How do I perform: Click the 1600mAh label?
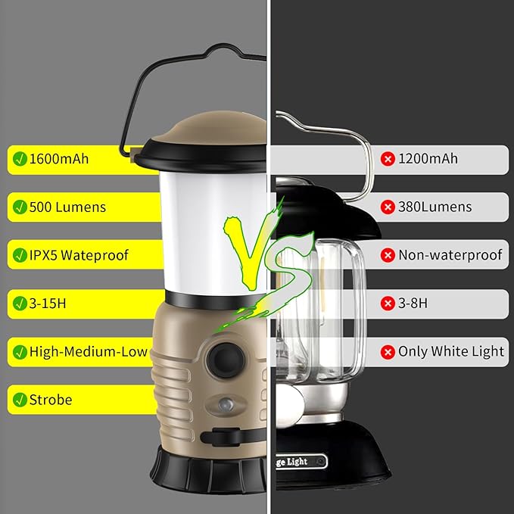59,159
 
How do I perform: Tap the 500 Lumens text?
67,207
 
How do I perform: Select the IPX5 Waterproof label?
79,255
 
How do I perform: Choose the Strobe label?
51,399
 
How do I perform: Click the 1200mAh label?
428,159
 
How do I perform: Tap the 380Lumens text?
435,207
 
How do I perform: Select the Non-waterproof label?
450,255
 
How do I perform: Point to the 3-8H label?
413,304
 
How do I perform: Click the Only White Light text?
451,351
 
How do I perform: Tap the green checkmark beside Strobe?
18,399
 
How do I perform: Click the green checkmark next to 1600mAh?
18,159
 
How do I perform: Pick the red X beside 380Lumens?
388,207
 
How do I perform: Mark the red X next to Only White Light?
388,351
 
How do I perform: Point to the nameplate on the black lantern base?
303,461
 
